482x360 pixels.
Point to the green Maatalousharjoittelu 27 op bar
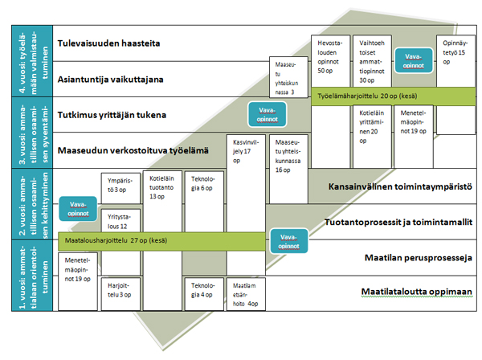coord(161,238)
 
